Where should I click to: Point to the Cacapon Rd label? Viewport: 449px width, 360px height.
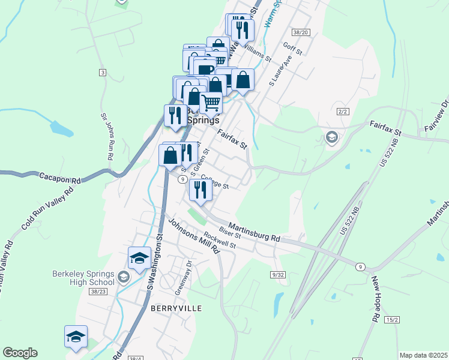pos(60,179)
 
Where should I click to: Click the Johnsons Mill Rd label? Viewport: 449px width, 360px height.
pos(193,235)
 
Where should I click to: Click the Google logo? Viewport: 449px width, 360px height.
pos(20,353)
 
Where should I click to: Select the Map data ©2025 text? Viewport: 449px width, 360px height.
pos(423,355)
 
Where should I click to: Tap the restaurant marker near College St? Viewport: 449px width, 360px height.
pos(199,190)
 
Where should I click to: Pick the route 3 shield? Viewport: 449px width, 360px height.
pos(103,73)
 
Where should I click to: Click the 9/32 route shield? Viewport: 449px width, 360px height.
pos(277,274)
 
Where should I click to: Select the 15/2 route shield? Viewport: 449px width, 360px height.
pos(392,320)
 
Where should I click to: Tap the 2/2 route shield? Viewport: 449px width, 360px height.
pos(343,112)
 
